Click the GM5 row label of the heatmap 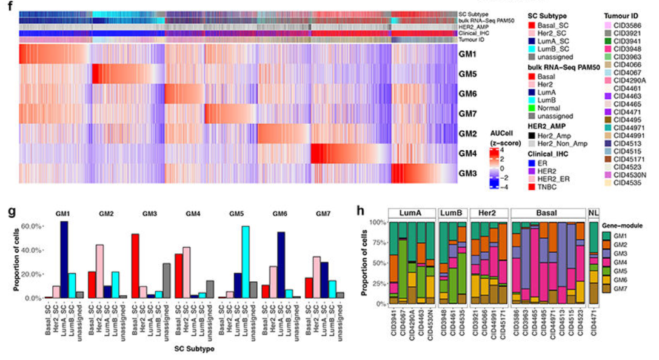point(467,75)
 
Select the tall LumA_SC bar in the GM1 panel point(64,259)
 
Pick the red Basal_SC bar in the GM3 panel point(136,266)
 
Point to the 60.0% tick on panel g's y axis point(30,226)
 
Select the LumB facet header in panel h point(452,213)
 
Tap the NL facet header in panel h point(593,213)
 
